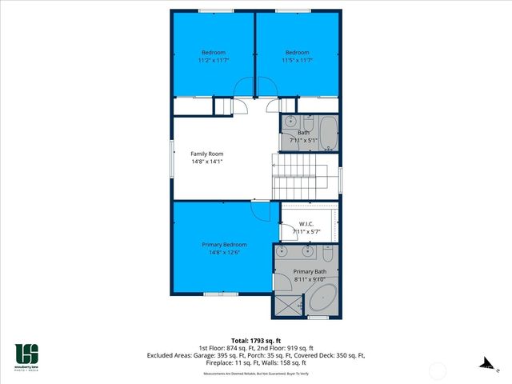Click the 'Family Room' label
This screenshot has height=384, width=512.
206,154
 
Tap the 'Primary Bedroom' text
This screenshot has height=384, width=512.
223,245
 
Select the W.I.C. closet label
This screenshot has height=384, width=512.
306,223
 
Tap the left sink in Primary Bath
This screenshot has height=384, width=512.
281,251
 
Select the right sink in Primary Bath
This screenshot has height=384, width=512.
307,251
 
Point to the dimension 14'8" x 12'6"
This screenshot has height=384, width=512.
223,254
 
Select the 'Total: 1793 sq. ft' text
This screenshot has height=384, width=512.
256,340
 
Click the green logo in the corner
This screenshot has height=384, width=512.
26,354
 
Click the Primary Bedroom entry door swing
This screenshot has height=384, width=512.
261,209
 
